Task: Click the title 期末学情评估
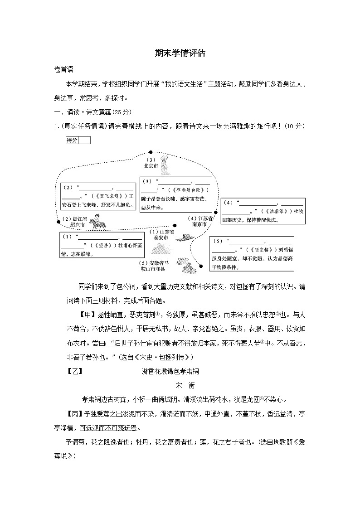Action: tap(180, 53)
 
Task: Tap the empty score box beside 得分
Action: tap(84, 141)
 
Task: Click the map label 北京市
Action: tap(151, 166)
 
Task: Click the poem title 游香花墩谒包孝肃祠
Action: tap(170, 371)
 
